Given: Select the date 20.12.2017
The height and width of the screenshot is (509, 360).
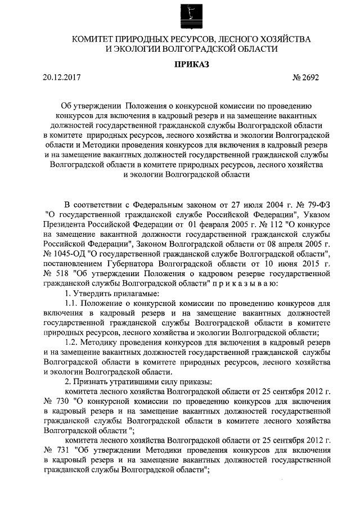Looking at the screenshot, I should tap(61, 78).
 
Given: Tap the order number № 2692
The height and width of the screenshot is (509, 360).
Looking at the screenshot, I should tap(306, 78).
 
